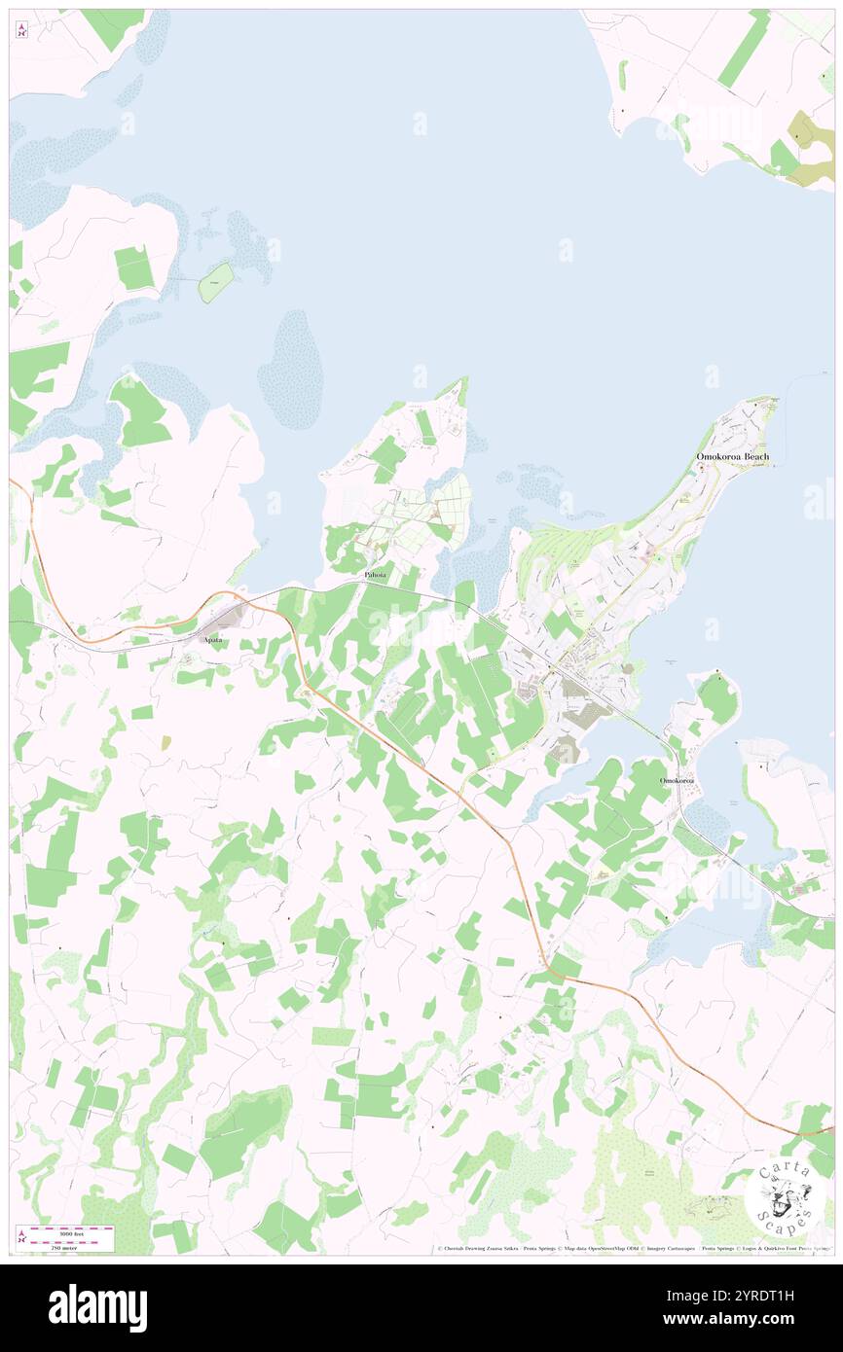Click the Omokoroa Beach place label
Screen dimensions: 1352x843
tap(732, 457)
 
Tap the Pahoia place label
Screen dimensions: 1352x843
tap(375, 576)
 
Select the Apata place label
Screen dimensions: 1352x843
tap(211, 640)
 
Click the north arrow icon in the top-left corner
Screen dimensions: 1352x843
tap(21, 30)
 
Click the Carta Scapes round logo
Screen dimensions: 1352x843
tap(785, 1193)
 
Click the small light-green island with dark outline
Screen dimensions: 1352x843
tap(216, 282)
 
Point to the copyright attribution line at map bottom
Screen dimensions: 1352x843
tap(633, 1249)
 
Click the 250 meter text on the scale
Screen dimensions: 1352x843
tap(70, 1245)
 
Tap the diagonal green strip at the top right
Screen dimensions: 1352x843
tap(745, 49)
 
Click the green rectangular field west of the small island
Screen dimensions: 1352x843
tap(134, 267)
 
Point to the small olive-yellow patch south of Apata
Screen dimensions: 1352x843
tap(165, 742)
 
